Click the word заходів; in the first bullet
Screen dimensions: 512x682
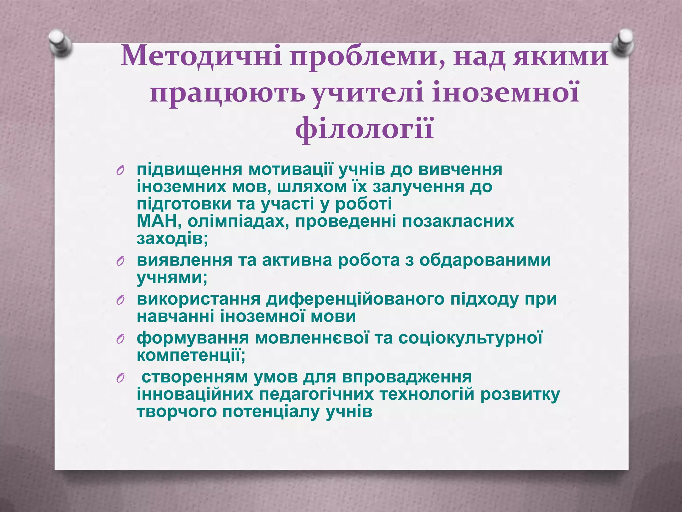172,239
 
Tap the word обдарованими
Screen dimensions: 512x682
485,260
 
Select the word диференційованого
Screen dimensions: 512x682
355,299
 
